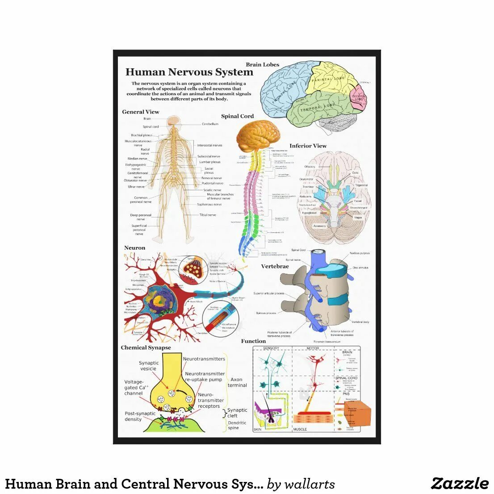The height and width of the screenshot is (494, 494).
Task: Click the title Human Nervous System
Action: point(189,72)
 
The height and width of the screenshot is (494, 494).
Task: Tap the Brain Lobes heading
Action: point(262,65)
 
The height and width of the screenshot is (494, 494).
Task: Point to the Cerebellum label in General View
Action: point(210,124)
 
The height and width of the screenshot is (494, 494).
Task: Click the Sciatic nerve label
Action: point(212,190)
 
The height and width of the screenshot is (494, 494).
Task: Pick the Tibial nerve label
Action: point(208,215)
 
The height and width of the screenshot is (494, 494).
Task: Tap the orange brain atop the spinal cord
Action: point(258,136)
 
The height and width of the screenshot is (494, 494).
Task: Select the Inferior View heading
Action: point(308,146)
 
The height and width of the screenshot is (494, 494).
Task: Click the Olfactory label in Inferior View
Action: point(310,167)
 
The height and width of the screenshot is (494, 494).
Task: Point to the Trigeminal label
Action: point(361,185)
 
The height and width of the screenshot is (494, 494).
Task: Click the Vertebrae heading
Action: point(275,266)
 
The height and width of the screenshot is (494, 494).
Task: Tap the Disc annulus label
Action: point(360,268)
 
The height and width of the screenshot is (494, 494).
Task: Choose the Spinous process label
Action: point(266,313)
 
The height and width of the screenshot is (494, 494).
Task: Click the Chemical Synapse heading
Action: point(146,347)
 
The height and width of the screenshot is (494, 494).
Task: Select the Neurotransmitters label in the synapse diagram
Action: point(204,359)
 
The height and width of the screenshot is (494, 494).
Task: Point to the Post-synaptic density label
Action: point(140,416)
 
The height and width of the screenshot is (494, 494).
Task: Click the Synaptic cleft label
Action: point(237,413)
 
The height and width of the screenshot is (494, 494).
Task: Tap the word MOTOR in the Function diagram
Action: point(313,348)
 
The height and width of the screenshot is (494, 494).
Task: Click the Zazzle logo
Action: point(460,483)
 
